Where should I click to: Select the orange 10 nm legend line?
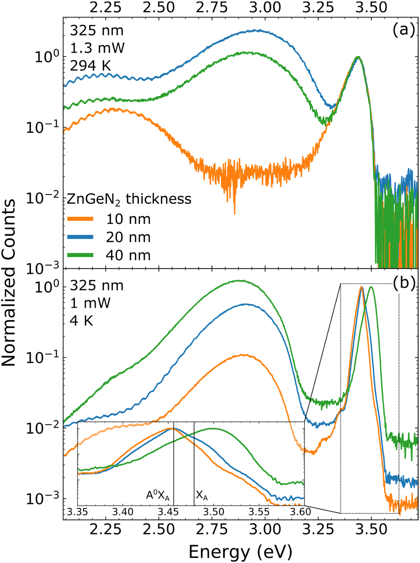(80, 219)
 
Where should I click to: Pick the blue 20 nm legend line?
(80, 237)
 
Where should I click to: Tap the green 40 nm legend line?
(80, 255)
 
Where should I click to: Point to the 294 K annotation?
(91, 66)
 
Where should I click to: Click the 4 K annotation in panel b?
(81, 320)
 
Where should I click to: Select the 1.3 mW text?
(97, 48)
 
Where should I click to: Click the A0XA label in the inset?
(158, 495)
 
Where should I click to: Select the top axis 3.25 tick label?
(318, 7)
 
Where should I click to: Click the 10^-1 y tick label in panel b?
(43, 357)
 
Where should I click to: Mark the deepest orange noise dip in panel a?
(234, 213)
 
